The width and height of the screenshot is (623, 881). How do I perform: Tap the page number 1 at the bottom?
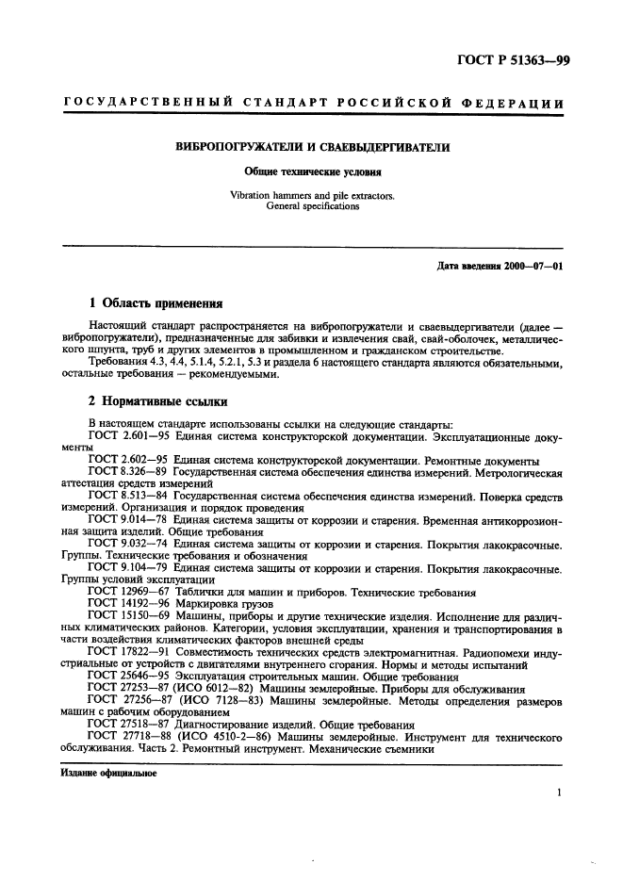point(559,794)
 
